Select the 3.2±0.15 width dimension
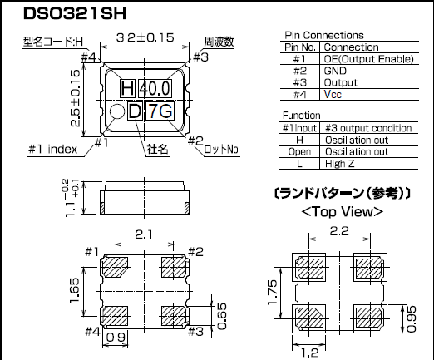(146, 38)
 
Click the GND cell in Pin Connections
(337, 71)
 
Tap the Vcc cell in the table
(333, 94)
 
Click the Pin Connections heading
(323, 36)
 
